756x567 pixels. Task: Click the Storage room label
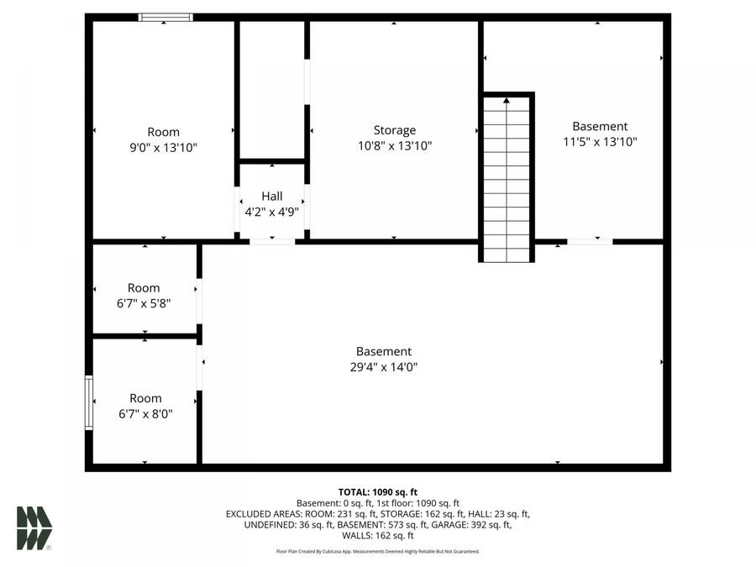[394, 130]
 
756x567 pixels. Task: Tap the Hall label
[271, 197]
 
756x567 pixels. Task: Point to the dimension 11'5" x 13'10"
[600, 142]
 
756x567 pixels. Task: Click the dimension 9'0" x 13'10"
[163, 147]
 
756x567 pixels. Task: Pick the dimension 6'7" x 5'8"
[144, 304]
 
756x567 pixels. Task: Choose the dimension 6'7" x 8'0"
[145, 413]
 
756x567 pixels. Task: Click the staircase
[507, 181]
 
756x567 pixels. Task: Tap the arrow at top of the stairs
[507, 101]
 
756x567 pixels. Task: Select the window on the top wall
[165, 17]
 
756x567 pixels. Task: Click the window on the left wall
[88, 403]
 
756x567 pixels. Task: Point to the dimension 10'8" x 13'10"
[394, 145]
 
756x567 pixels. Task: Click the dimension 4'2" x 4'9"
[271, 212]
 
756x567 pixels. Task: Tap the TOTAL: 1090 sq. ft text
[377, 492]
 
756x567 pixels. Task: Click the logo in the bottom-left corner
[34, 528]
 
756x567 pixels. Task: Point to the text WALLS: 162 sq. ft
[377, 536]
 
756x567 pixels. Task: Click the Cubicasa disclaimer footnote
[377, 552]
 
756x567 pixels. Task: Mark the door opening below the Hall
[272, 242]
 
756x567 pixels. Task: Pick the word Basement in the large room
[383, 351]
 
